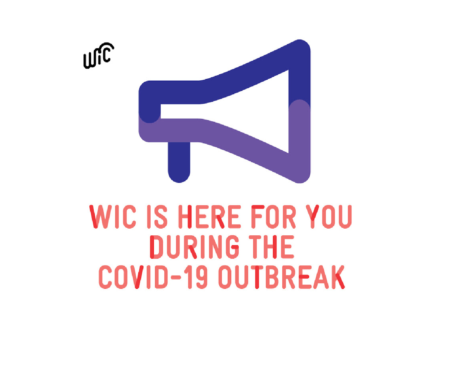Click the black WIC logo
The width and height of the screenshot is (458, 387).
point(98,56)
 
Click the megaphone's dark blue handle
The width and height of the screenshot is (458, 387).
point(179,162)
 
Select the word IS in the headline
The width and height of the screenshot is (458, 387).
point(157,217)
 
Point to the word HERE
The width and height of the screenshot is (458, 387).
point(209,217)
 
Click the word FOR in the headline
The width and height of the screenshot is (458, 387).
point(274,217)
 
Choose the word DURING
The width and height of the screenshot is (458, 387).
point(195,247)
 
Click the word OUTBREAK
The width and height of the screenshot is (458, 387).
point(282,277)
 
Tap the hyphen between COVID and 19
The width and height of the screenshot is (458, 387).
point(176,278)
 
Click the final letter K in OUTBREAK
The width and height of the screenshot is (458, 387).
point(338,277)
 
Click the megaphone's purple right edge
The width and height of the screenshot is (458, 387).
point(300,141)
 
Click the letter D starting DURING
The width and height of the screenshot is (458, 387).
point(156,247)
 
